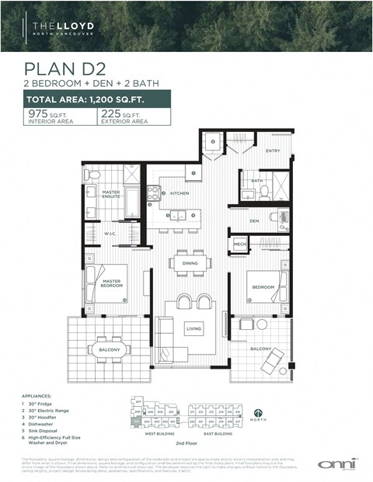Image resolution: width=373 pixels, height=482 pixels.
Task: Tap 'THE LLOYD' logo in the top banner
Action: pyautogui.click(x=67, y=29)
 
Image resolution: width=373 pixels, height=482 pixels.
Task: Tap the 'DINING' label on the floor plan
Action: pyautogui.click(x=190, y=263)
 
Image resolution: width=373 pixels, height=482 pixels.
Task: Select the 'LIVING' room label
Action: pyautogui.click(x=193, y=329)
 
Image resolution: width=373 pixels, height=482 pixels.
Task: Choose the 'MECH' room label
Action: pyautogui.click(x=239, y=244)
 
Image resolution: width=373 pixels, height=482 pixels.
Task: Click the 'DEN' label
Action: pyautogui.click(x=253, y=220)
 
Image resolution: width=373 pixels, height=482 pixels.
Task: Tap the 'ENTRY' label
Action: pyautogui.click(x=272, y=151)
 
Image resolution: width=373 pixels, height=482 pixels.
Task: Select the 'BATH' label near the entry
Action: pyautogui.click(x=256, y=180)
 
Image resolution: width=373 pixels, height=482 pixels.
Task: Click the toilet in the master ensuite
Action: pyautogui.click(x=92, y=175)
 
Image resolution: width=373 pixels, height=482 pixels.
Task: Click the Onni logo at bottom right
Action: pyautogui.click(x=335, y=463)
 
